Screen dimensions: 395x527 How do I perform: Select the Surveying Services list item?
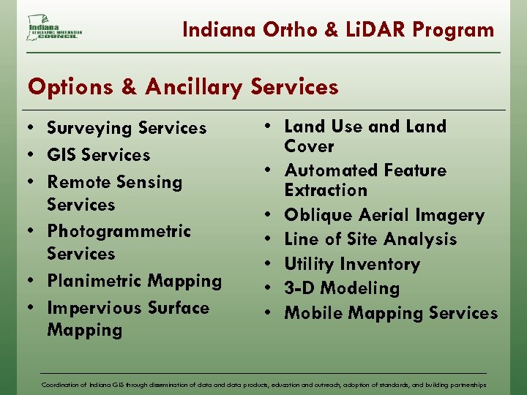coord(127,128)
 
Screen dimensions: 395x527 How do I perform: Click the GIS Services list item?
coord(98,155)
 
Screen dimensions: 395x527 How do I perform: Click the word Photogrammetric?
coord(119,231)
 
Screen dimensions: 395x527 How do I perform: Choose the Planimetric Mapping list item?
coord(134,281)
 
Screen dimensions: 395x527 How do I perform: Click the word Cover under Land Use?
coord(309,146)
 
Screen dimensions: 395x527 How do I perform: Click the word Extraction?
coord(326,190)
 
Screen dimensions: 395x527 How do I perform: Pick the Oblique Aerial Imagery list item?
coord(384,215)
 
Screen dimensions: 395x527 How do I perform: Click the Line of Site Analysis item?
coord(370,239)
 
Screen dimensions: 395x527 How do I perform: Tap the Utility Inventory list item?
coord(352,264)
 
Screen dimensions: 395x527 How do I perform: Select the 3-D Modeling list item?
coord(342,288)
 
